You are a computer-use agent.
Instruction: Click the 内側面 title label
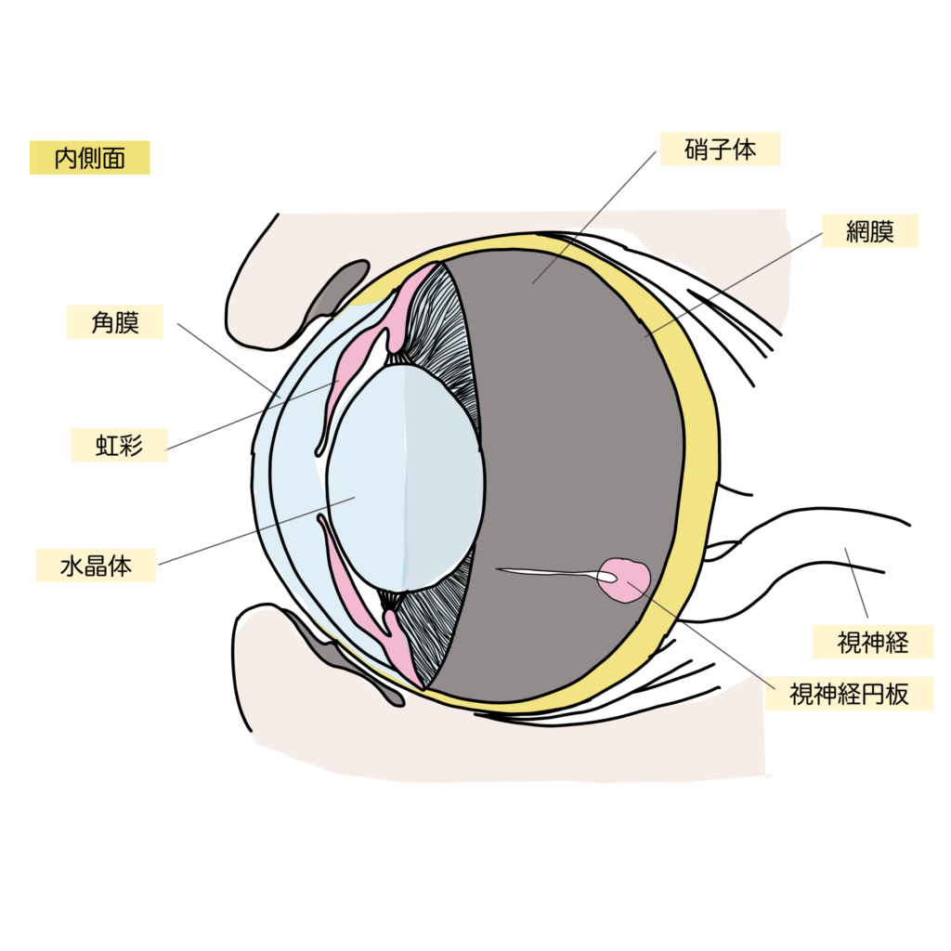pos(89,158)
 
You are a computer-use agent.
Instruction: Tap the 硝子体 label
pos(720,149)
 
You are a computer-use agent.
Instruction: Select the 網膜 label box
pos(869,231)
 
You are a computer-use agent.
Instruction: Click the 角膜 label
pos(115,322)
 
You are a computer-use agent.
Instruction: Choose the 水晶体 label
pos(96,566)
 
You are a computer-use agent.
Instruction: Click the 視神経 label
pos(873,642)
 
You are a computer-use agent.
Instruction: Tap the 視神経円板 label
pos(848,694)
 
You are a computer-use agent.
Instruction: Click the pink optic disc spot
pos(627,580)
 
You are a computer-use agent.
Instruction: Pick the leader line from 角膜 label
pos(228,358)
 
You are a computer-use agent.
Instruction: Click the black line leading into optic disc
pos(548,572)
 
